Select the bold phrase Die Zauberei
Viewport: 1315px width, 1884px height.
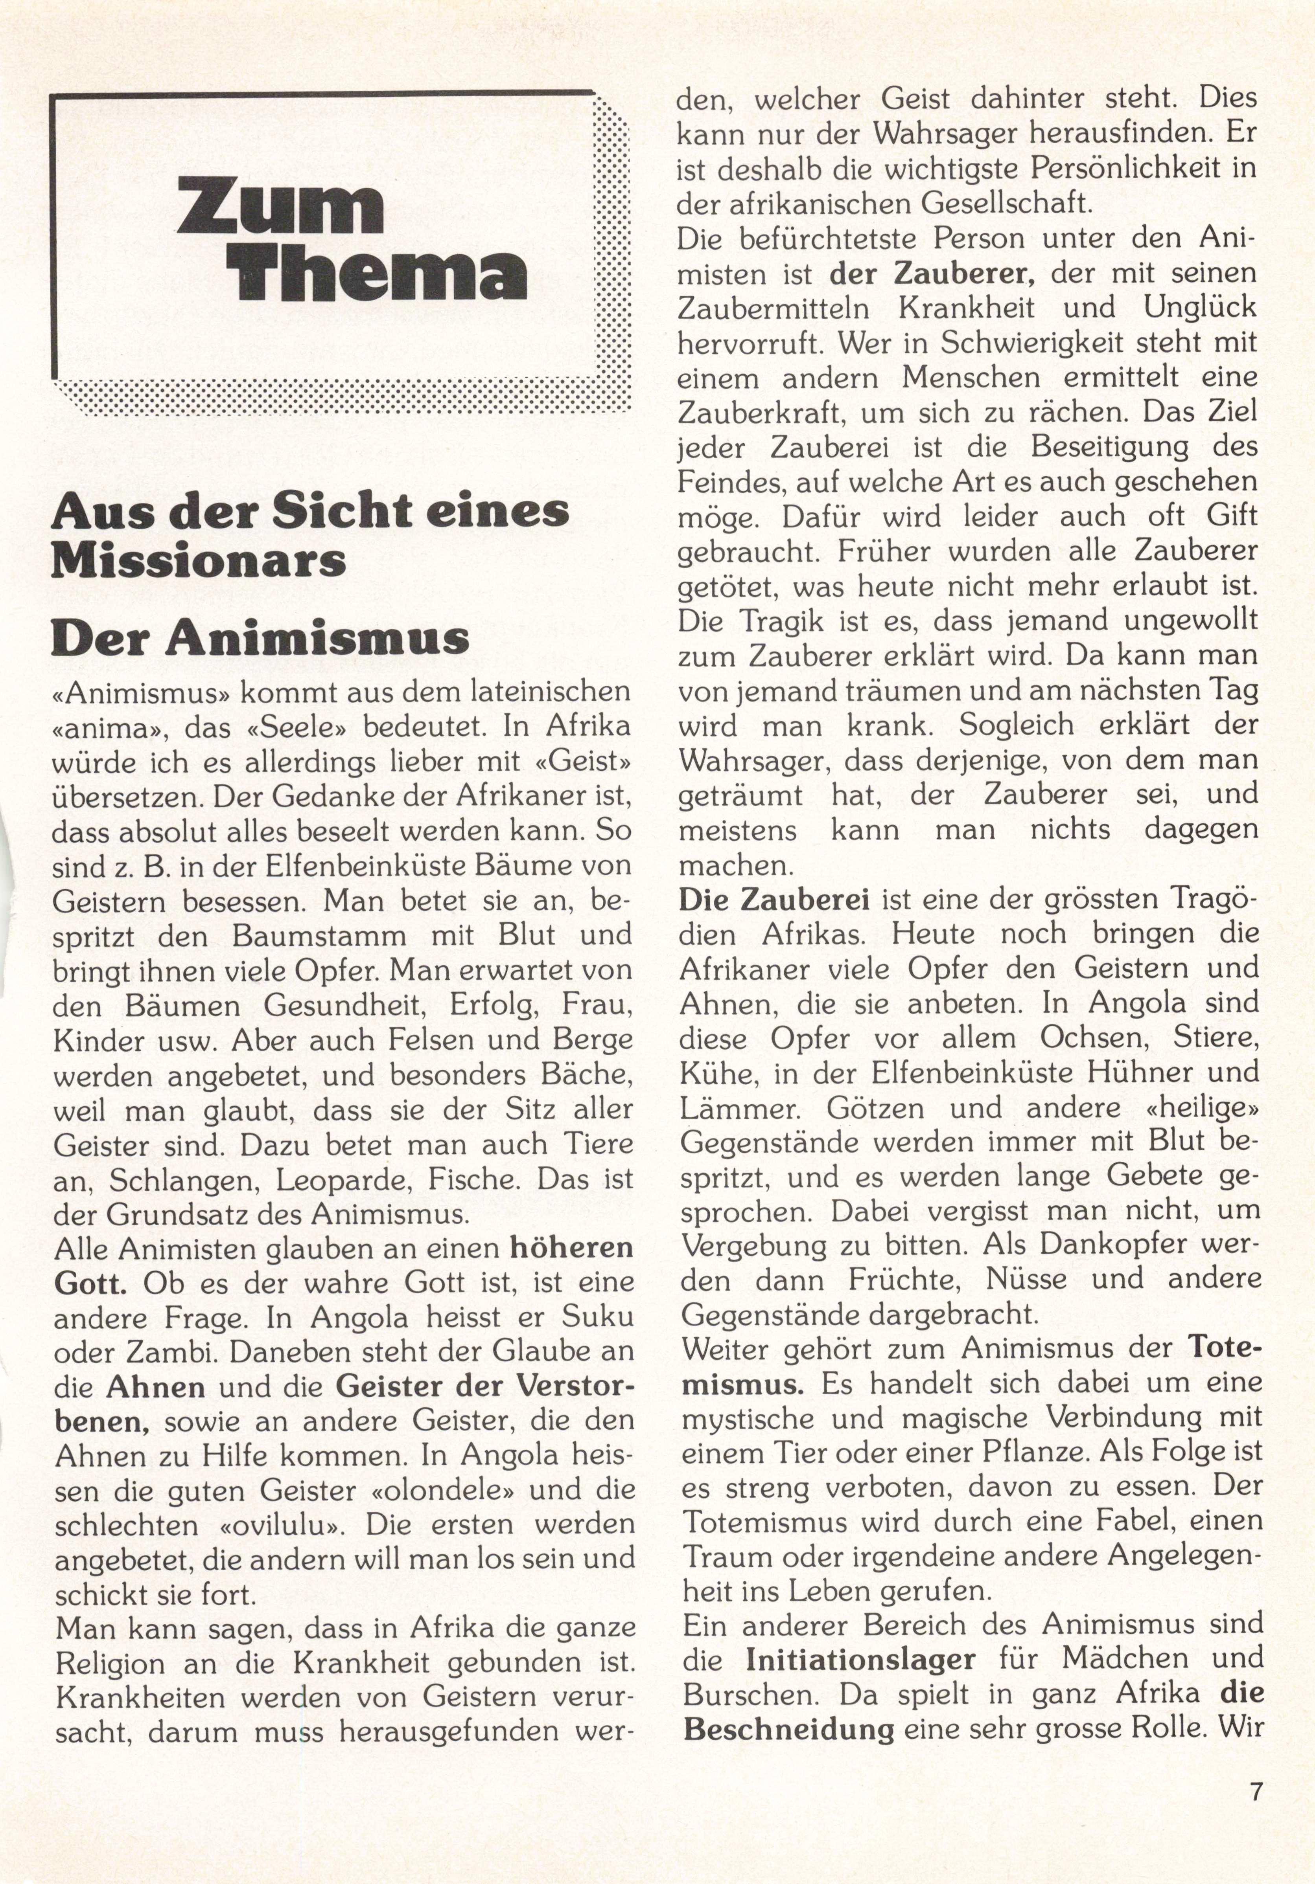click(774, 900)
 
